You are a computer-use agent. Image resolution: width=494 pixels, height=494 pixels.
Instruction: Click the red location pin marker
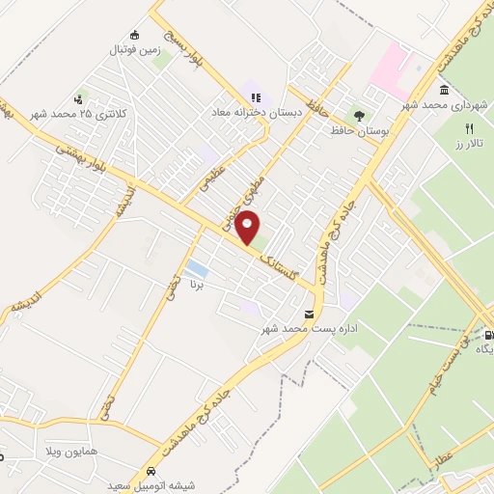(x=249, y=229)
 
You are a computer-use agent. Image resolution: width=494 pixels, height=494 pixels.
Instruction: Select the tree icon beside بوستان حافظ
(x=359, y=117)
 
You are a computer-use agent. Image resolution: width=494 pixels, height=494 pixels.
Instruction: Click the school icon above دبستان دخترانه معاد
(x=256, y=96)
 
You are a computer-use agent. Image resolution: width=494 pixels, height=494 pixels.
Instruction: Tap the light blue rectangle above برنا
(x=196, y=267)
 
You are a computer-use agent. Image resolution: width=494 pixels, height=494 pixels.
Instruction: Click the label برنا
(x=199, y=286)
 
